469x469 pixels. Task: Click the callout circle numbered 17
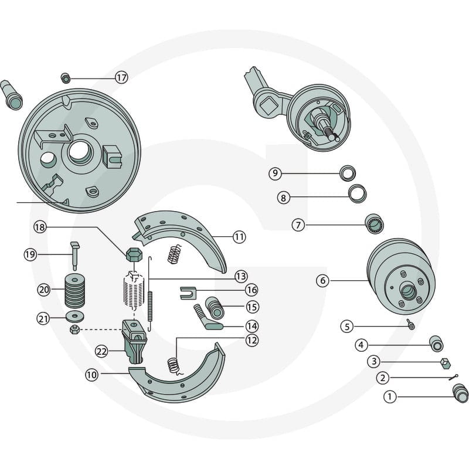click(x=121, y=78)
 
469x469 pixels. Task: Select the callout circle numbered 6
click(x=323, y=281)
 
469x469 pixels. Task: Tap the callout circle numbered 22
click(x=101, y=351)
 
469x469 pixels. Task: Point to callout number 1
click(x=390, y=397)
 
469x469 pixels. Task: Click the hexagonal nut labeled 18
click(x=134, y=254)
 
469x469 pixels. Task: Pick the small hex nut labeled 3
click(x=446, y=363)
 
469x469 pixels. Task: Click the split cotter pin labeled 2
click(x=453, y=378)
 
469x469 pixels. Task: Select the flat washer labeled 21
click(x=75, y=316)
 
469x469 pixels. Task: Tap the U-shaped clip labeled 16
click(x=188, y=293)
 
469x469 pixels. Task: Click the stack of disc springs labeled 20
click(x=75, y=291)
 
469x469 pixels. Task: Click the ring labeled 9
click(x=348, y=173)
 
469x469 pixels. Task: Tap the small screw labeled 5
click(x=411, y=325)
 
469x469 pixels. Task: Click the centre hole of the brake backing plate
click(x=79, y=152)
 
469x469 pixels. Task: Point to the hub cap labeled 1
click(x=460, y=393)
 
